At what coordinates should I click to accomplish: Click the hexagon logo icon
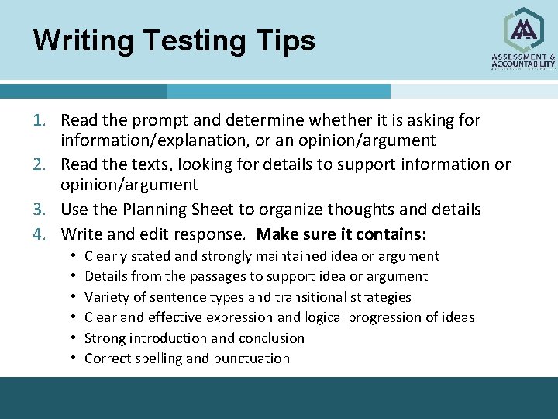point(524,29)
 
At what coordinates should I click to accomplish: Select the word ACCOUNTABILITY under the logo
point(524,64)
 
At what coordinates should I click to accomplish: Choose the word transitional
point(318,297)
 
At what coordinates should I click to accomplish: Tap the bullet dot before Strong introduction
point(71,338)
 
